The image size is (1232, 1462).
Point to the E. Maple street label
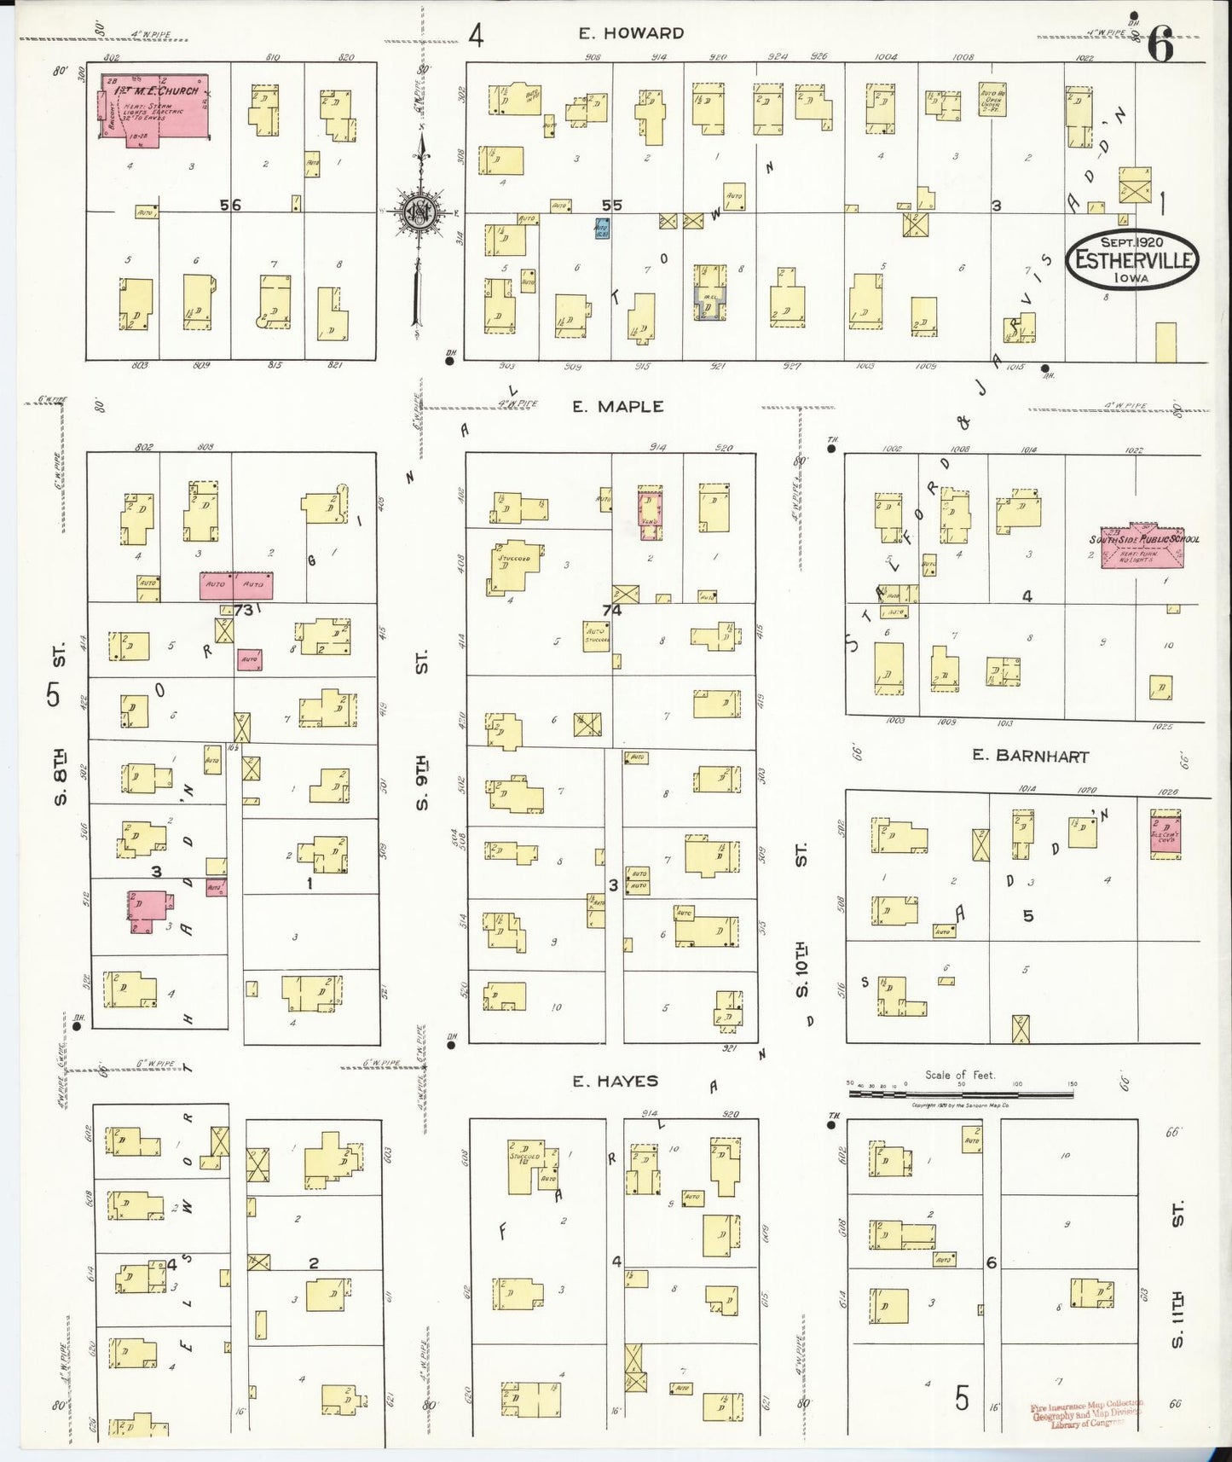click(618, 407)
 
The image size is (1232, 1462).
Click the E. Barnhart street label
click(1030, 756)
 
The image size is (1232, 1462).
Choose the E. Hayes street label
click(615, 1081)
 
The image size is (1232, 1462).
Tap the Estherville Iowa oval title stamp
click(1132, 259)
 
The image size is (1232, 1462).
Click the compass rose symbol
click(419, 212)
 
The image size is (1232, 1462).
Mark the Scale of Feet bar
click(960, 1085)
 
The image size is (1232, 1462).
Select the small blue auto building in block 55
click(601, 228)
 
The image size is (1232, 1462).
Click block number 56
click(230, 205)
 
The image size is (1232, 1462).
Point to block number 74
click(611, 610)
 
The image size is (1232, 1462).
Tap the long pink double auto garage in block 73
click(236, 586)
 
